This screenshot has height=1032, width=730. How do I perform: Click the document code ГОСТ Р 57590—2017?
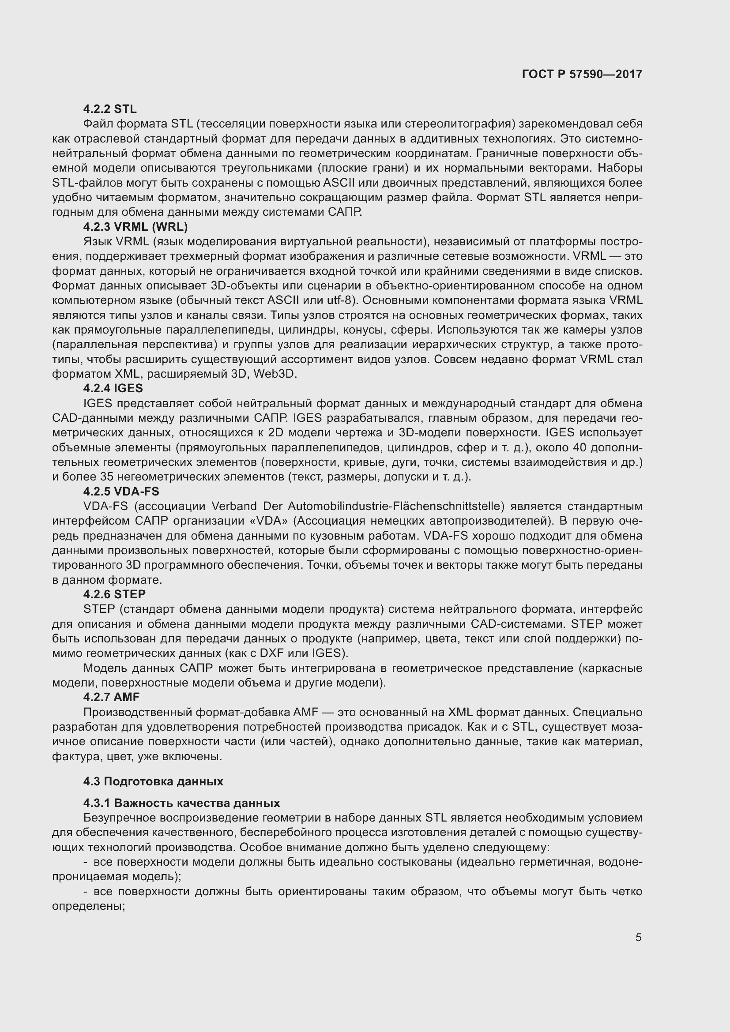tap(582, 74)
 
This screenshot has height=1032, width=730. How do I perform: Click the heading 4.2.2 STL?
tap(110, 109)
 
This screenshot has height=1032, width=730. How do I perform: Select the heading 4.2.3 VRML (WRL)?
tap(135, 226)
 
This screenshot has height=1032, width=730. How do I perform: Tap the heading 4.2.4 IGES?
tap(113, 388)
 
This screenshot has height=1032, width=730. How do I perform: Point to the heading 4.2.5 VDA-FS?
tap(121, 491)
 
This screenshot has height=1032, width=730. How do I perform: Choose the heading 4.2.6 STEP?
tap(114, 594)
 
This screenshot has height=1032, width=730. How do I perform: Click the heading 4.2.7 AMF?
tap(111, 697)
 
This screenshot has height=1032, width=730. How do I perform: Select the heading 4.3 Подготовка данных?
tap(153, 781)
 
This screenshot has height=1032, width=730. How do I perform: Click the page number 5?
tap(638, 938)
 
